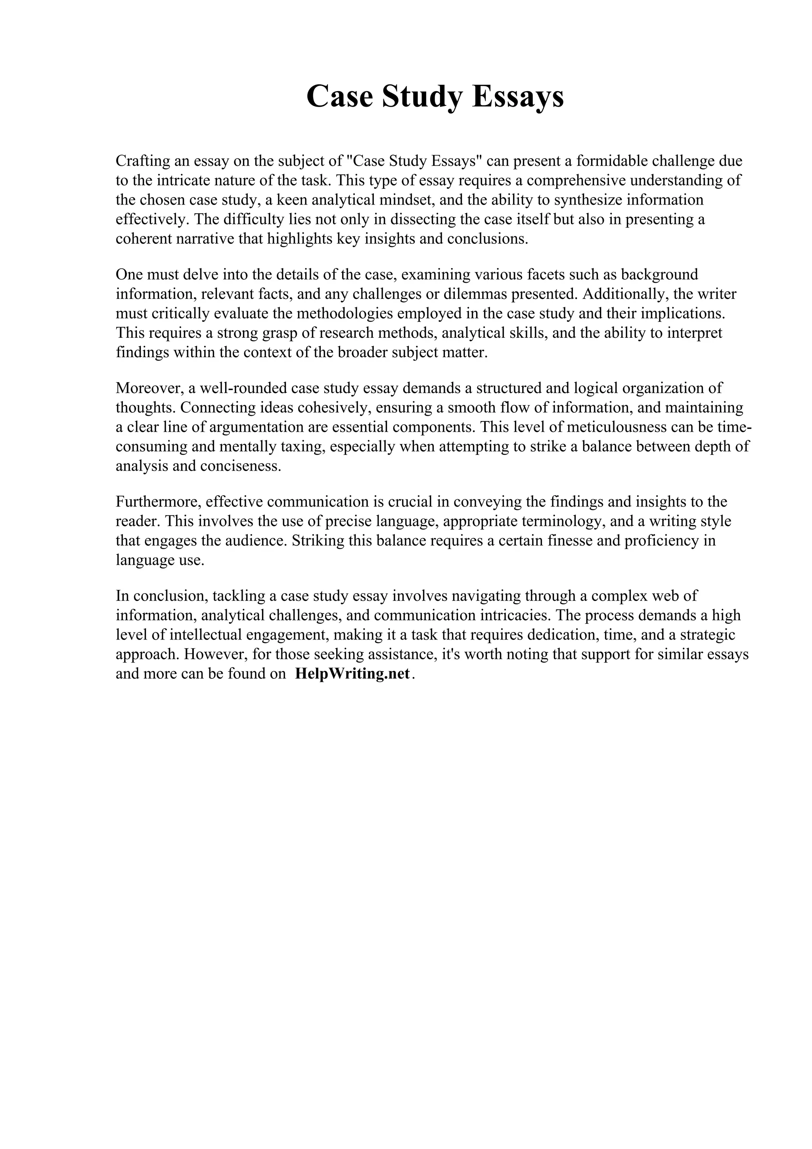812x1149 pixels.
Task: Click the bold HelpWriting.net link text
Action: (x=353, y=673)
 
